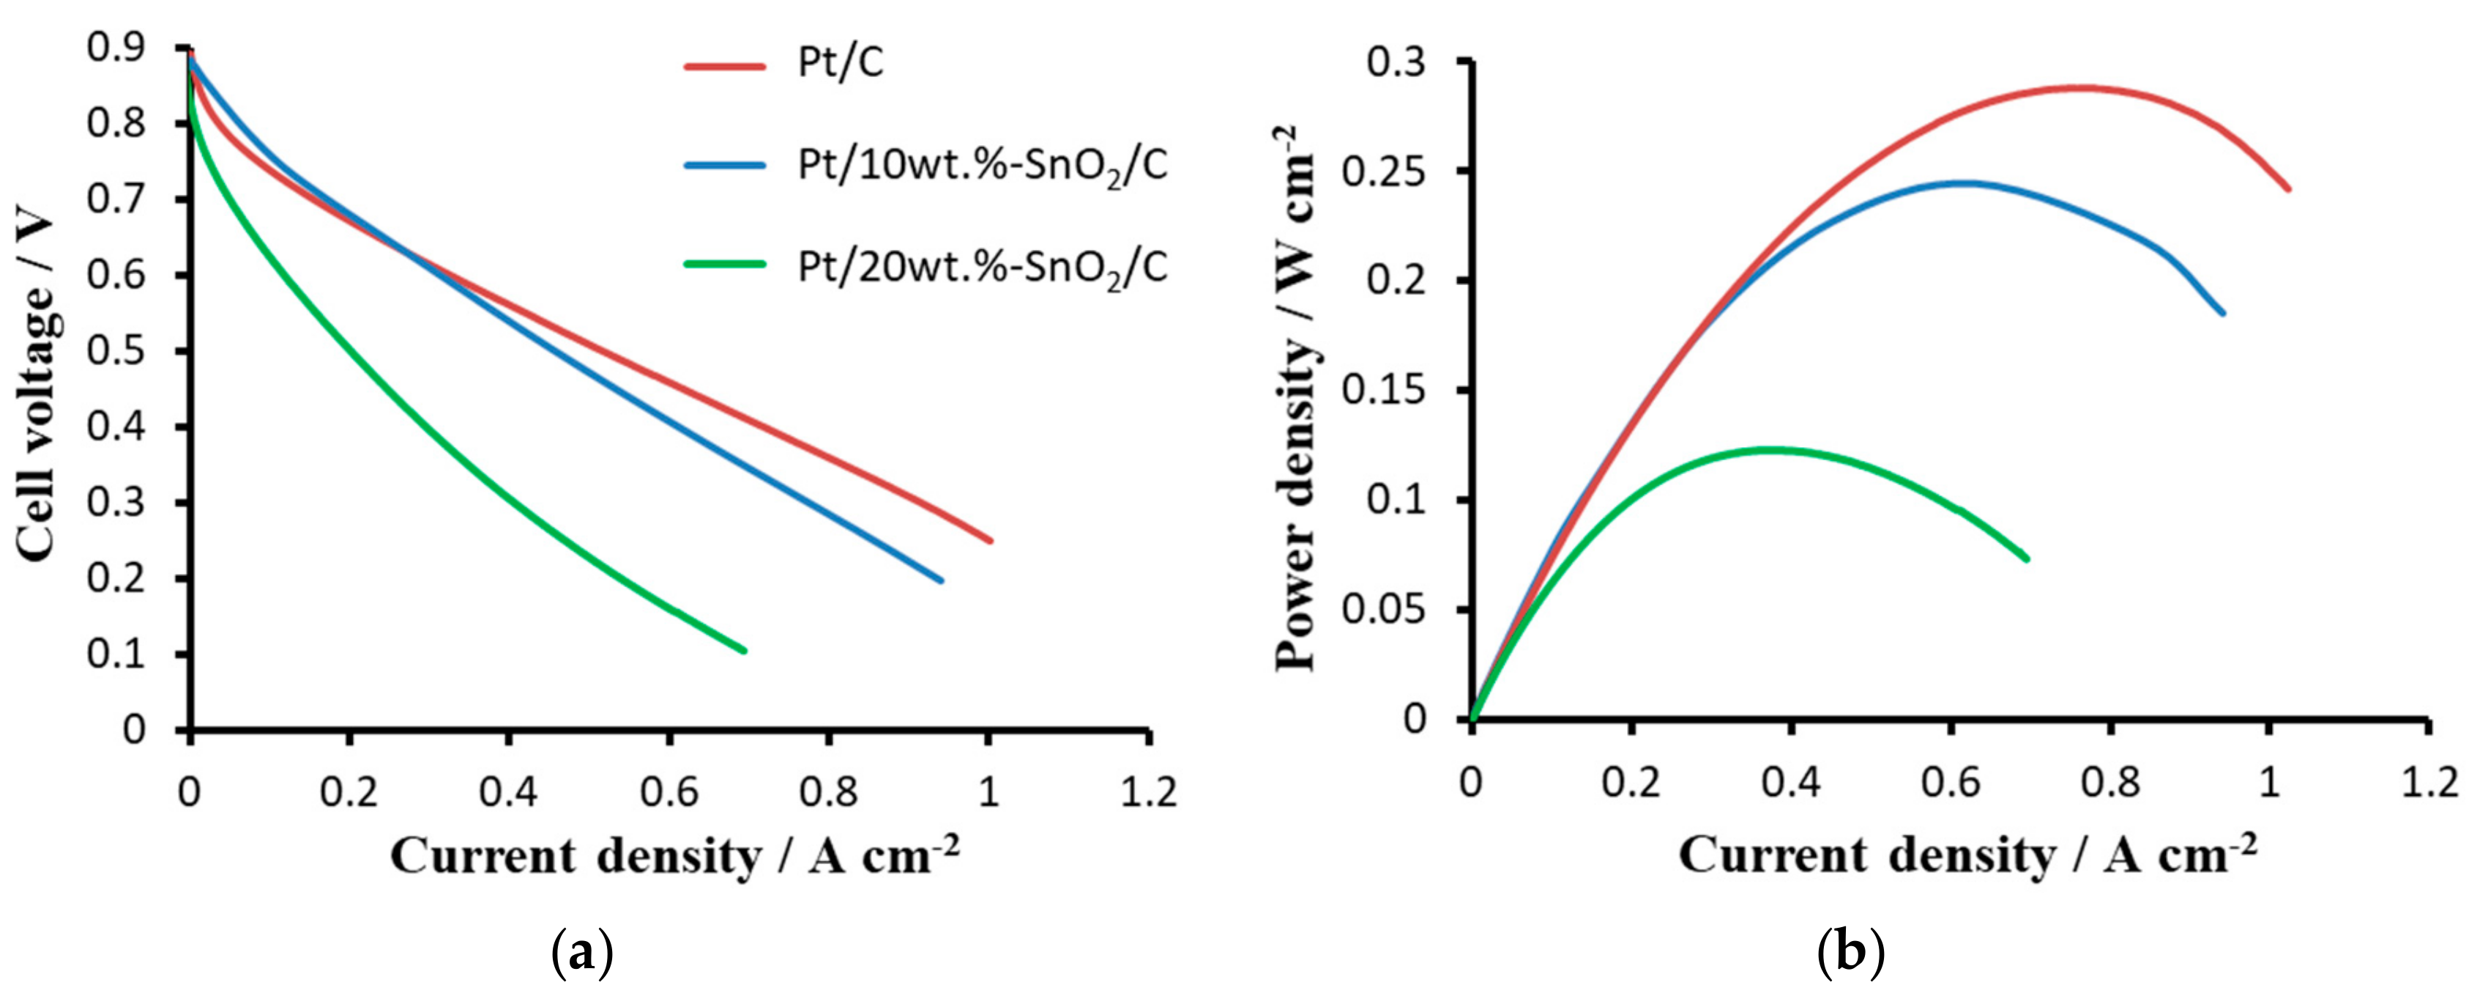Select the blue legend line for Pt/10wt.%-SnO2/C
click(725, 166)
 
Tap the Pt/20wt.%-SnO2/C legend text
click(983, 267)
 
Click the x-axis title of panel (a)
click(674, 855)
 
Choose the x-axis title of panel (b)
click(1967, 855)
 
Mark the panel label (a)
click(582, 955)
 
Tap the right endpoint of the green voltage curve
click(745, 652)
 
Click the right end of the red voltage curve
click(990, 541)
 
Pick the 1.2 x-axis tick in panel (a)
click(1148, 792)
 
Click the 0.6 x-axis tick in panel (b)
click(1951, 783)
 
